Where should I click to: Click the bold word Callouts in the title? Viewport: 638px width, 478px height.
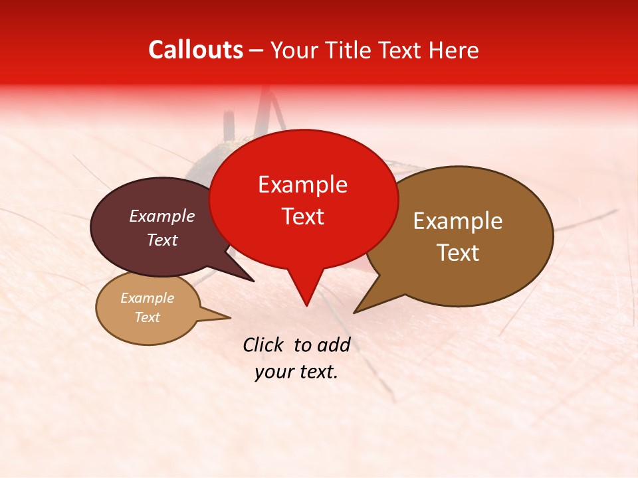click(195, 50)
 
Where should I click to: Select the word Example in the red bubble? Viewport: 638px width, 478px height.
click(302, 185)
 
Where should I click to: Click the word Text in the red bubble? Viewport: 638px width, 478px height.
click(302, 216)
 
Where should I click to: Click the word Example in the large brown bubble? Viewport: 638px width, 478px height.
click(458, 221)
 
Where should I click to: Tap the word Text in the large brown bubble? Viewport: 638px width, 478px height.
click(458, 252)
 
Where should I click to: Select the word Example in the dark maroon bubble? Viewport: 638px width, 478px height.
click(161, 216)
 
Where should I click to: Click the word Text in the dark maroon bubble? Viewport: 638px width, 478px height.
click(161, 240)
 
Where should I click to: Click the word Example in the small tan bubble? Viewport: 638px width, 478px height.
click(147, 298)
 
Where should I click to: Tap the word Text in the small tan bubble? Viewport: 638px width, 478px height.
click(147, 317)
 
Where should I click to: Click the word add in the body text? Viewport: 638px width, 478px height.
click(334, 345)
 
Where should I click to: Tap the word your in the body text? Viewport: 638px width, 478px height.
click(273, 372)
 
